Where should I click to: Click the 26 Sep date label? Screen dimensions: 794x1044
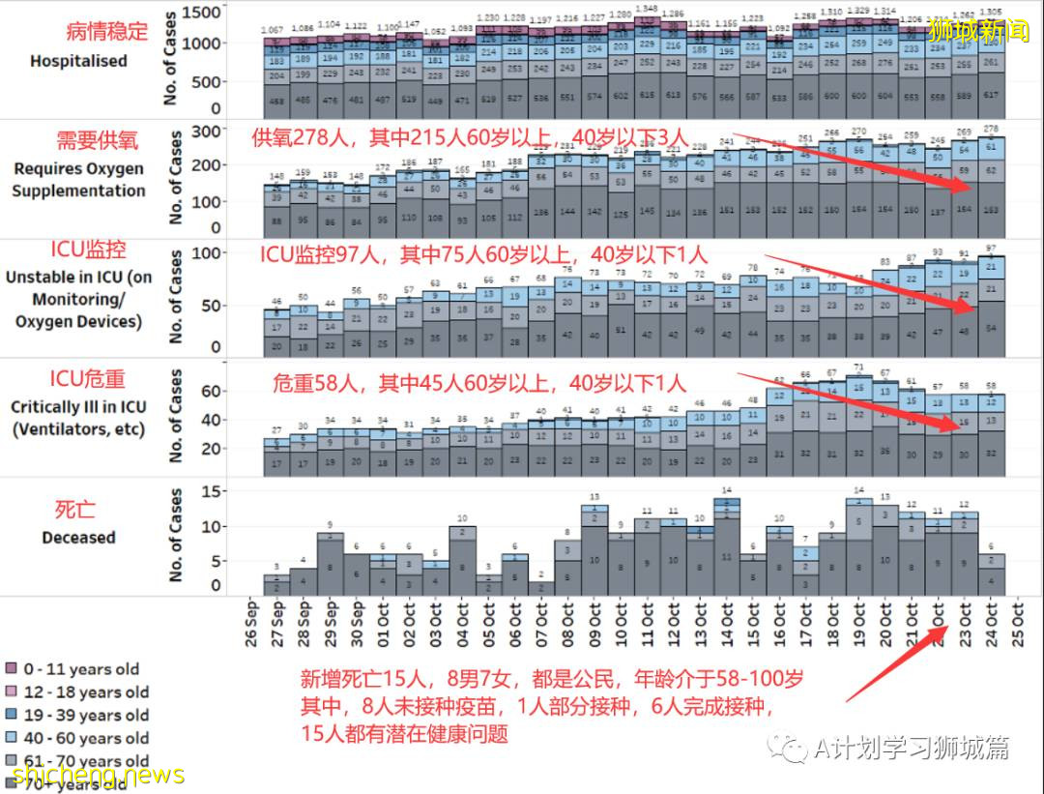252,629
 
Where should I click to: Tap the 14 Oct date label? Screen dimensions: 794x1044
726,629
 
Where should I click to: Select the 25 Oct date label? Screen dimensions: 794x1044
1017,629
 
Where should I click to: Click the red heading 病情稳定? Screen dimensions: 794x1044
107,31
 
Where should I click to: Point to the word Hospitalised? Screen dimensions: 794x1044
78,61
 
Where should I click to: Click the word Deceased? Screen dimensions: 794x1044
78,537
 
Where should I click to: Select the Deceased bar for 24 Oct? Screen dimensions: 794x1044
990,573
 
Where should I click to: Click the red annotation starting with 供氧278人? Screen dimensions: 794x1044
465,136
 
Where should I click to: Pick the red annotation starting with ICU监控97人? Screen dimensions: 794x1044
483,255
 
